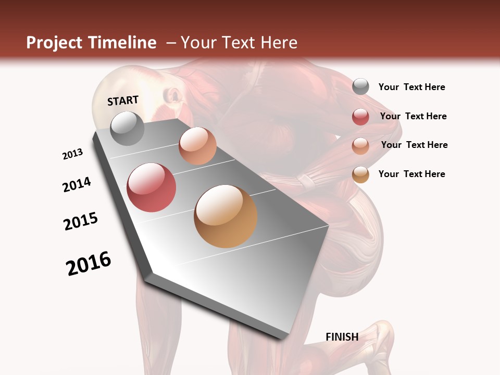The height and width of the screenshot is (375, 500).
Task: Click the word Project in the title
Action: click(x=54, y=43)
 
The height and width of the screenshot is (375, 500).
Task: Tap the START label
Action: click(x=123, y=101)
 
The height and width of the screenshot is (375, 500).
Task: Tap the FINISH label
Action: click(x=342, y=337)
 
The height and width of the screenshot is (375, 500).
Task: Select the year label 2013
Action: click(x=72, y=154)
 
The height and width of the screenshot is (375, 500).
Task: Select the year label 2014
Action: click(x=77, y=184)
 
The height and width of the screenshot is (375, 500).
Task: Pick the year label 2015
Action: click(x=81, y=221)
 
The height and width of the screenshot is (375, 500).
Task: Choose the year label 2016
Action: click(x=89, y=263)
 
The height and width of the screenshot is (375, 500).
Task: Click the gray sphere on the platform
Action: click(x=127, y=128)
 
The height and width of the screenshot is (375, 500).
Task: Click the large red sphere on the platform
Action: click(x=152, y=187)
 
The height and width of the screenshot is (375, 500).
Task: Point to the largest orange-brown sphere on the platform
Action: click(x=226, y=216)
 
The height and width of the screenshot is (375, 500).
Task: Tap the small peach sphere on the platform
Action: click(x=197, y=146)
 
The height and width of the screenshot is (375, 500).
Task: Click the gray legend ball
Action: click(x=360, y=86)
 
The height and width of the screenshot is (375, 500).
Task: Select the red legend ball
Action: click(x=360, y=117)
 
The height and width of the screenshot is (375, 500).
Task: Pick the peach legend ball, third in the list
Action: click(x=360, y=146)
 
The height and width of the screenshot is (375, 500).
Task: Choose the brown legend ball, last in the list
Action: click(x=360, y=174)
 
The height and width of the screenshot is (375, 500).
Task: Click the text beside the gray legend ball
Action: click(x=411, y=87)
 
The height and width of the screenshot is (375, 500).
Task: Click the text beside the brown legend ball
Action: click(x=411, y=174)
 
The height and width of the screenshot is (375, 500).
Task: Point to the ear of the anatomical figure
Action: click(x=173, y=95)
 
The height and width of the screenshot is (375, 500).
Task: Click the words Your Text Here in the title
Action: click(x=239, y=43)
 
